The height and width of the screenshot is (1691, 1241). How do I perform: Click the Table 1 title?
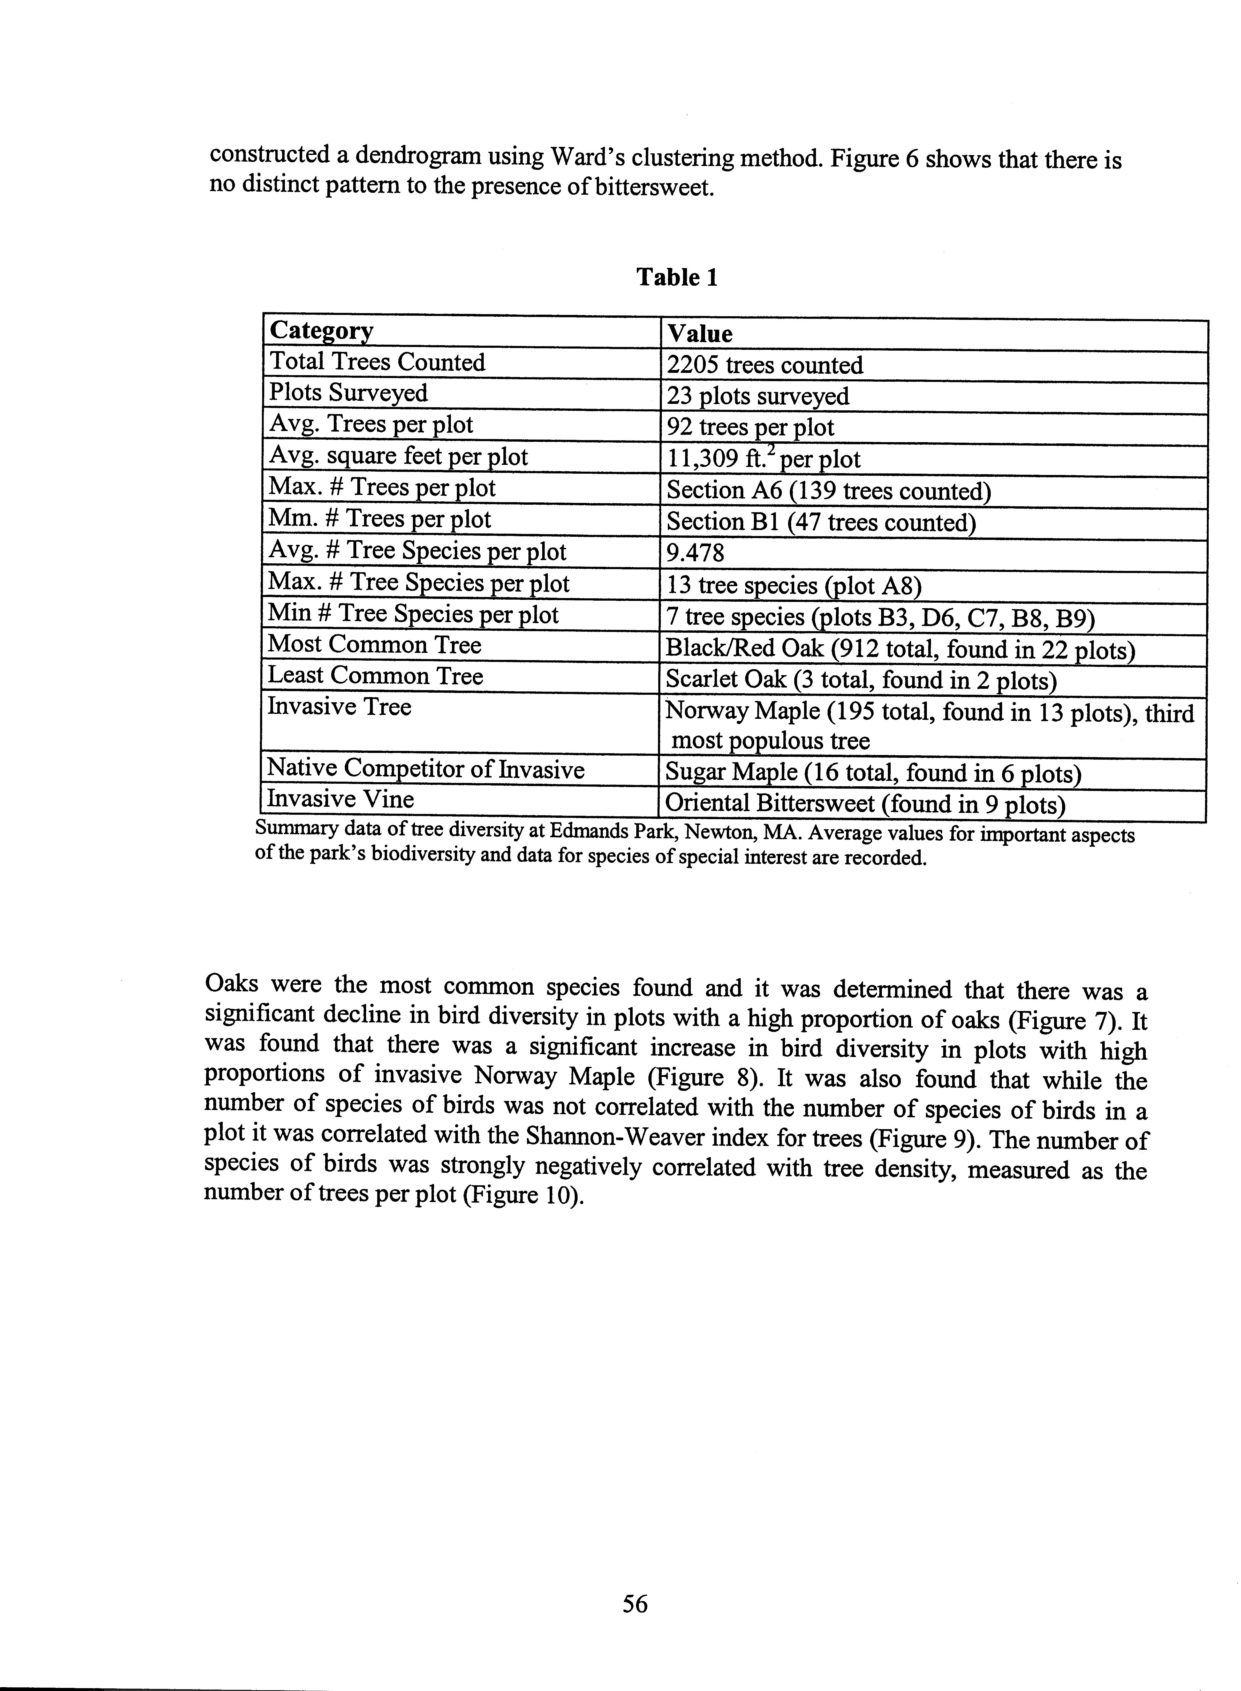point(677,278)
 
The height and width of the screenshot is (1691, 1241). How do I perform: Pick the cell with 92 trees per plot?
point(750,427)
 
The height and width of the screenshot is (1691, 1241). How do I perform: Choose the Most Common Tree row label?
point(374,645)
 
